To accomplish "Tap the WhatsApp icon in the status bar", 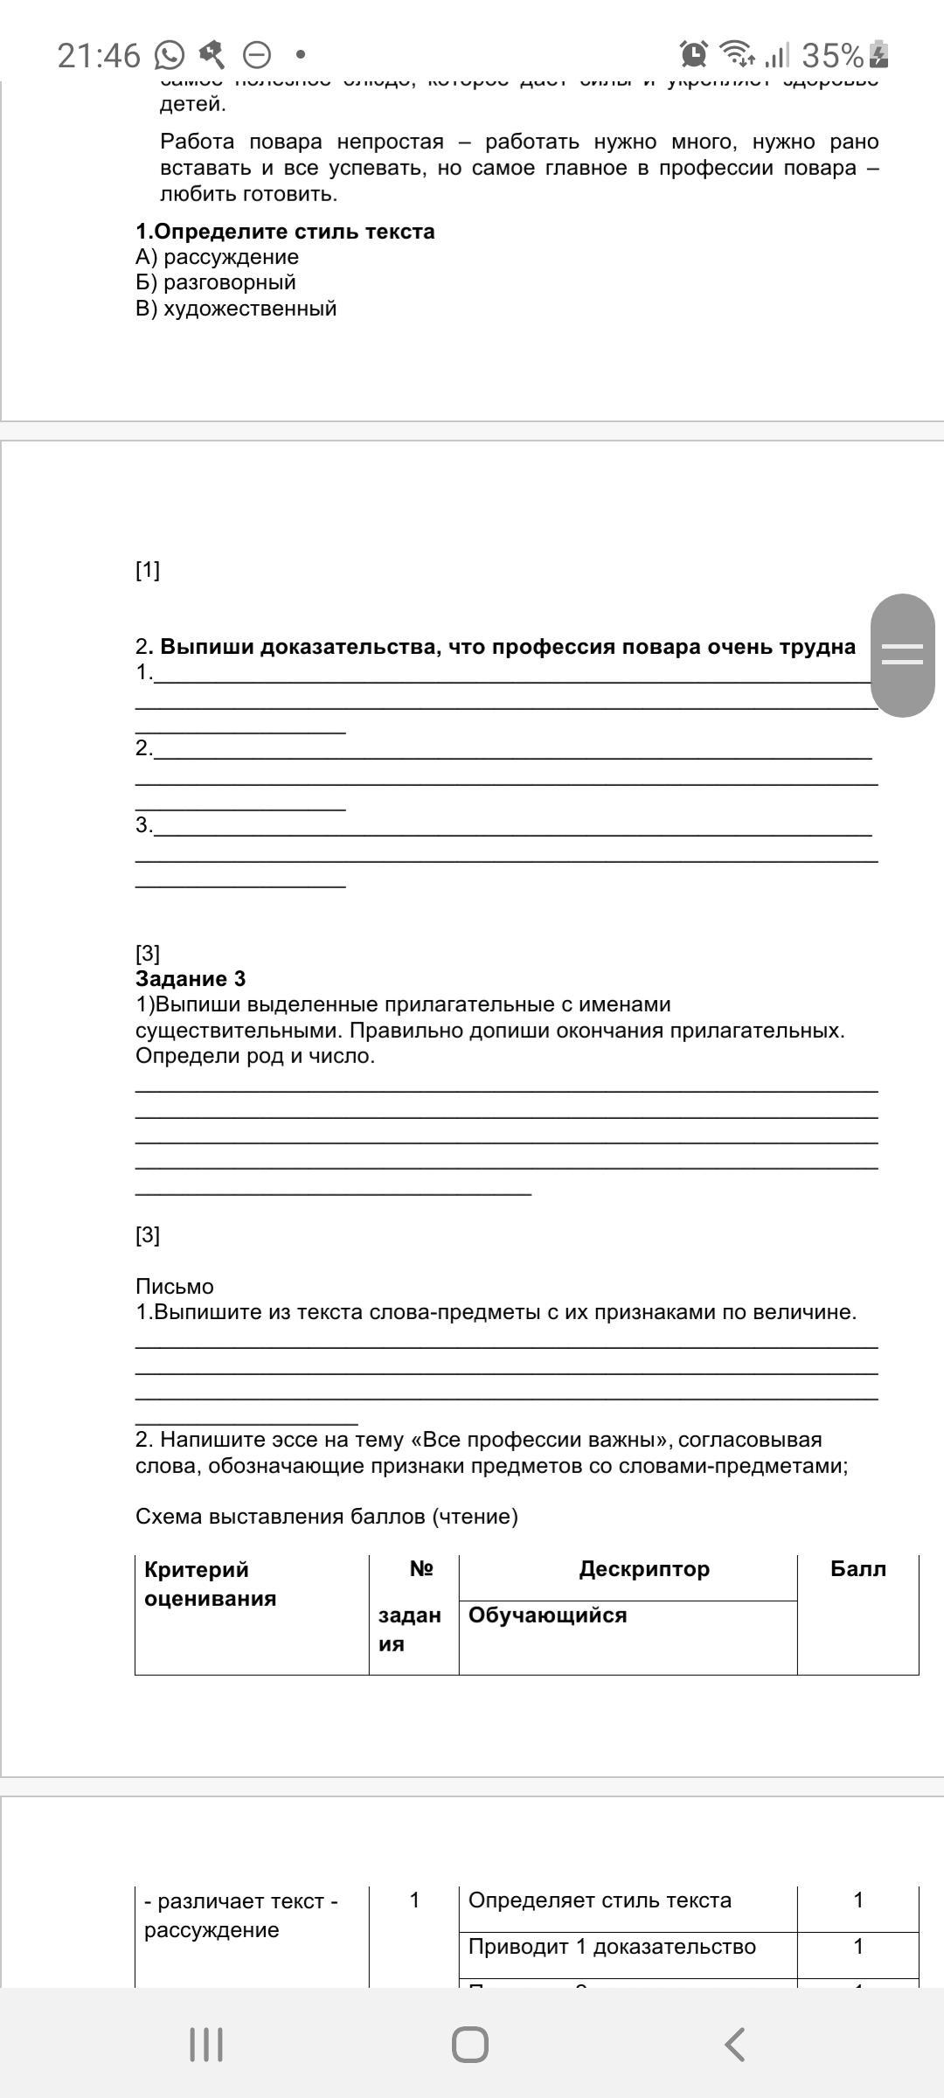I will click(170, 56).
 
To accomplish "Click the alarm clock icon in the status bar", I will click(694, 54).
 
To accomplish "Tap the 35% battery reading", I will click(832, 56).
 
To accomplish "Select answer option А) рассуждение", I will click(218, 257).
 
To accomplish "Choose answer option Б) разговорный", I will click(216, 282).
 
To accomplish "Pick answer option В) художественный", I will click(236, 309).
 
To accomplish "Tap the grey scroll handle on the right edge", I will click(903, 655).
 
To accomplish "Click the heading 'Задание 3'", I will click(191, 978).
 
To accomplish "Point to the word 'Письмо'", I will click(175, 1286).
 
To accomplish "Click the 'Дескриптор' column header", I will click(644, 1568).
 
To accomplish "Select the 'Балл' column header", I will click(857, 1568).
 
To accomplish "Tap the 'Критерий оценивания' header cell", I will click(210, 1583).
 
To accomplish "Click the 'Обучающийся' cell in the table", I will click(548, 1615).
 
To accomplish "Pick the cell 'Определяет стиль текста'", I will click(600, 1900).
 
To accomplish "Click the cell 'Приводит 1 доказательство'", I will click(612, 1946).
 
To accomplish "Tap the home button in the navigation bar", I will click(470, 2045).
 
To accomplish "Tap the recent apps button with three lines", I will click(206, 2045).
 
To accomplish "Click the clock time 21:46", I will click(99, 56).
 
